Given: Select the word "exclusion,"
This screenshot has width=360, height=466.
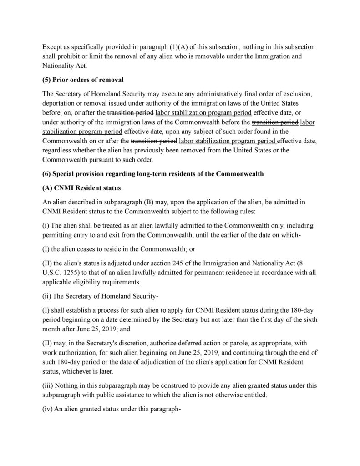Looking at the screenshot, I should (x=300, y=94).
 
